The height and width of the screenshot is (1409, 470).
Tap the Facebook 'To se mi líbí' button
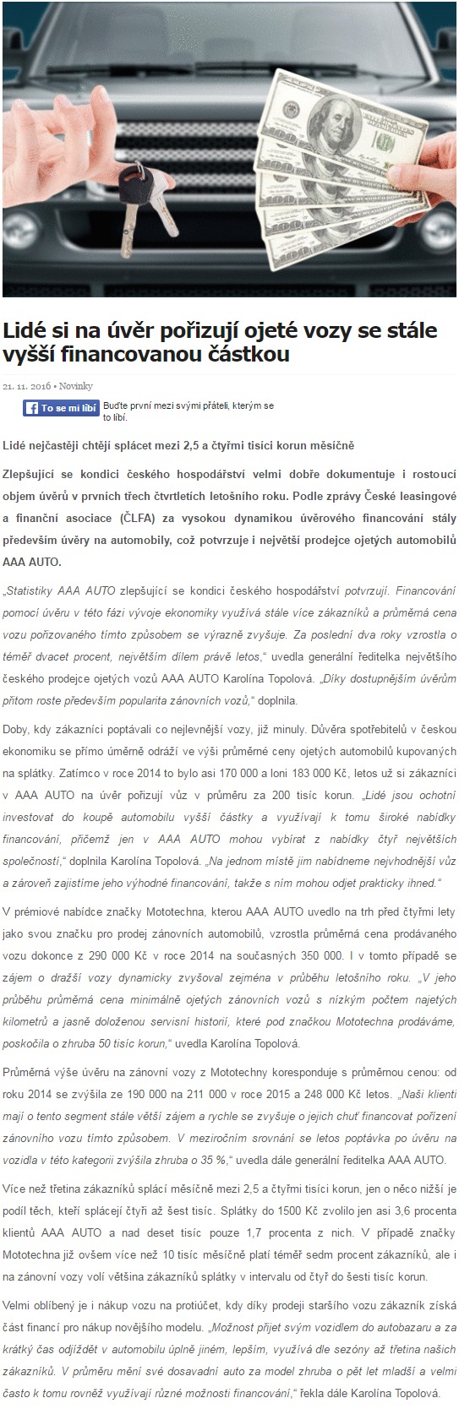pos(62,408)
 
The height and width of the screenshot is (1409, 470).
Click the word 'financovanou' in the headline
pos(117,354)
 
